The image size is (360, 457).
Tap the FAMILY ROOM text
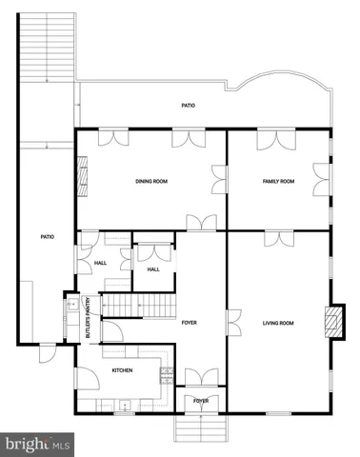coord(278,181)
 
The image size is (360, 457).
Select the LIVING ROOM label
coord(278,324)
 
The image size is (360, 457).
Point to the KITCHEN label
coord(122,370)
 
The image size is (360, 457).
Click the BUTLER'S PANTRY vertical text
coord(89,318)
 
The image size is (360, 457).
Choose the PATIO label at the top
coord(189,106)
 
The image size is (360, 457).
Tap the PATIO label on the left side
coord(45,238)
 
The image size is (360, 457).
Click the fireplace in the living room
coord(330,323)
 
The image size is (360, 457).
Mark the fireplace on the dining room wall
coord(82,177)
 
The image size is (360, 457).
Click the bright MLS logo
coord(38,444)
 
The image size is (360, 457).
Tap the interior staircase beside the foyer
coord(139,307)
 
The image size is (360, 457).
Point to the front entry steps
coord(200,428)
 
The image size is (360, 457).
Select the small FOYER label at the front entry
coord(201,402)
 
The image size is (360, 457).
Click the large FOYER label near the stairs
coord(189,324)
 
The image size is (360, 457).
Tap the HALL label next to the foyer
coord(153,269)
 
